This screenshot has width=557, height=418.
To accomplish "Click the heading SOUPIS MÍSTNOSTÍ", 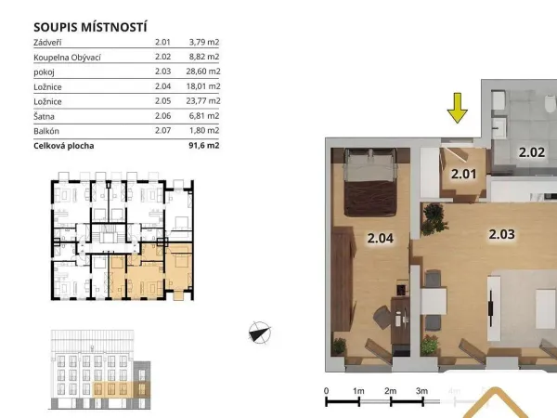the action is coord(90,27).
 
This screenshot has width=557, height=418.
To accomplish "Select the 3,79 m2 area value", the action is coord(204,42).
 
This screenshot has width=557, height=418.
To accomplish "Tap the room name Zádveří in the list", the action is coord(47,43).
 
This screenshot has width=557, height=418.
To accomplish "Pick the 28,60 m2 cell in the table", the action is coord(203,72).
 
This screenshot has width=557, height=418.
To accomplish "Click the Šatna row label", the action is coord(44,116).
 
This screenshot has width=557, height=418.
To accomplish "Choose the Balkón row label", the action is coord(46,131).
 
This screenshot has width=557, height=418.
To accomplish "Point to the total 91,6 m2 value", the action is coord(204,146).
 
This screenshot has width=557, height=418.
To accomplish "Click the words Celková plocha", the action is coord(64,146).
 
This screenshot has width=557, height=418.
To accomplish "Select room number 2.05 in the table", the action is coord(163,101).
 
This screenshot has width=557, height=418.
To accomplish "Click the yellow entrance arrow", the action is coord(457,108).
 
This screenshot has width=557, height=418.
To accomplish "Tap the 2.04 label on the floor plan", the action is coord(381,238).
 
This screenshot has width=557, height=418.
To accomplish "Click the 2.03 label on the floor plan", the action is coord(501,234).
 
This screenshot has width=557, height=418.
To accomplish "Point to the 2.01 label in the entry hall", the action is coord(463,175).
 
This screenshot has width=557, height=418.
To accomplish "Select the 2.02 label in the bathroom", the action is coord(532,152).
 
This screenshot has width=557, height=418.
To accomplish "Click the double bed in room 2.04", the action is coord(370,182).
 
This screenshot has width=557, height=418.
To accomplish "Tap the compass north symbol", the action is coord(260,333).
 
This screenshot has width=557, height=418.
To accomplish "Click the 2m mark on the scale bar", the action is coord(391,391).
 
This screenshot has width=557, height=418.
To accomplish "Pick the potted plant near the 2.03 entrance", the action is coord(434,218).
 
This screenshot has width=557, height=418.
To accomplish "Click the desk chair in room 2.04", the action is coord(383,318).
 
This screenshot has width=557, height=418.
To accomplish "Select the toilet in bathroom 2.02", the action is coord(551,103).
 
